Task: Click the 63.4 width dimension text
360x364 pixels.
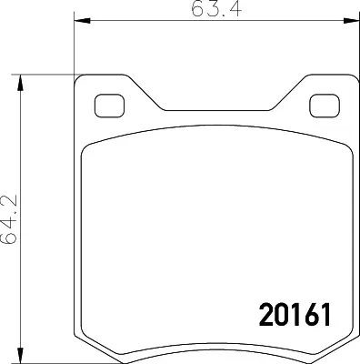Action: [x=216, y=8]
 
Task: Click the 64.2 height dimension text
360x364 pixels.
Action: [x=9, y=219]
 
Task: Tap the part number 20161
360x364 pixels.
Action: [x=295, y=315]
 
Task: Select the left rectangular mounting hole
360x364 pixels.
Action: [x=109, y=106]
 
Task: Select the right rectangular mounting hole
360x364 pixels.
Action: [x=325, y=106]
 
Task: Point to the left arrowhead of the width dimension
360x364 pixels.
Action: [x=83, y=21]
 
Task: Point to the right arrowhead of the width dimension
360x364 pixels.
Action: [x=351, y=21]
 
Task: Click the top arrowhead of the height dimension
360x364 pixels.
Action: [x=20, y=83]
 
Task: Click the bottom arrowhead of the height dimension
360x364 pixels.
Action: [x=20, y=355]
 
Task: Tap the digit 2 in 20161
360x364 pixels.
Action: [x=266, y=315]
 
